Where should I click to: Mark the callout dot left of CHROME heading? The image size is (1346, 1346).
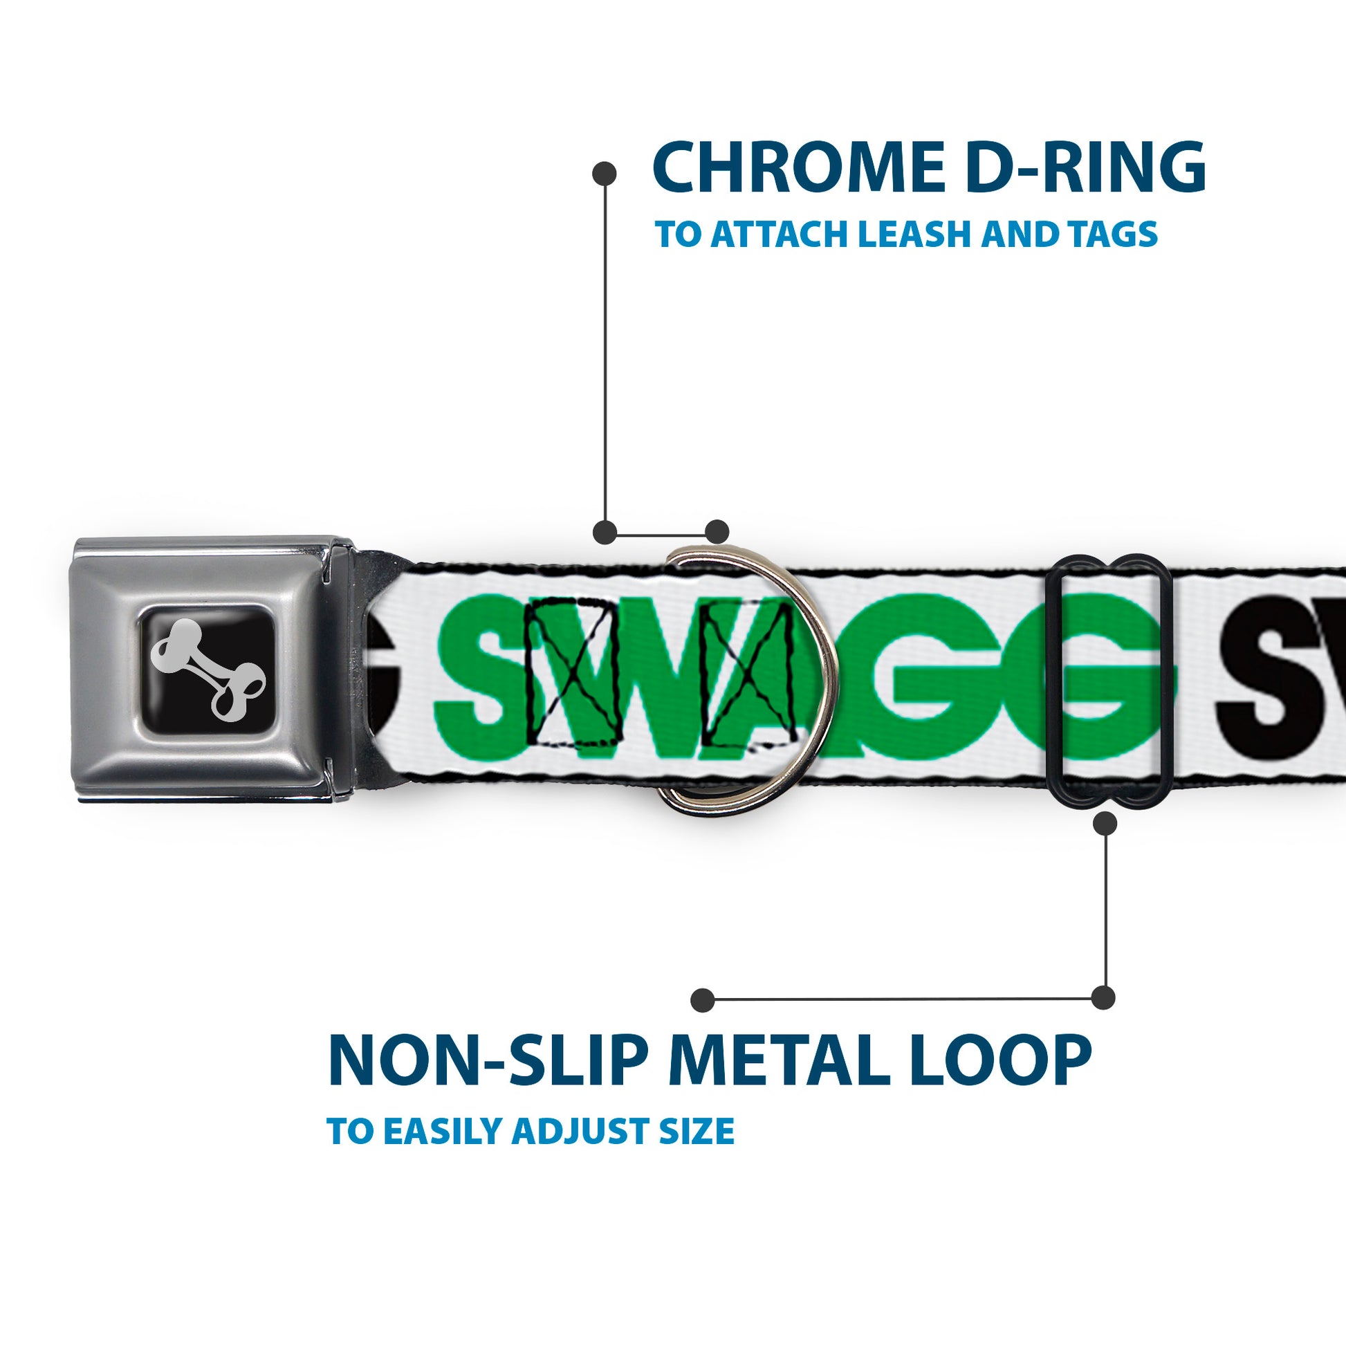[x=604, y=173]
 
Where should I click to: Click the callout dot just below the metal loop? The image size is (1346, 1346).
[x=1105, y=824]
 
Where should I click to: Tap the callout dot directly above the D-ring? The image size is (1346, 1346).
[x=717, y=532]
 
